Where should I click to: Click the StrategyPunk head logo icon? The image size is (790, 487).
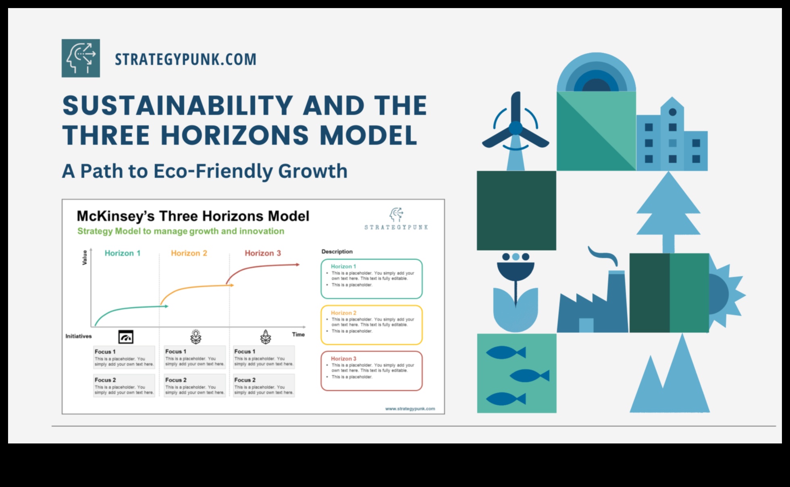coord(81,58)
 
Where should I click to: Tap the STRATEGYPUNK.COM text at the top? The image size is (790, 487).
coord(185,59)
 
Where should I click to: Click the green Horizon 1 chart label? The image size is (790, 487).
coord(123,253)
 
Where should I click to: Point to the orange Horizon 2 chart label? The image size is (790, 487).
coord(189,253)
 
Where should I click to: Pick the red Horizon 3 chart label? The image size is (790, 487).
coord(263,253)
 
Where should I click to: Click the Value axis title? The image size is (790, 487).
coord(85,258)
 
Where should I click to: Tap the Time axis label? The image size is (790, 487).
coord(298,334)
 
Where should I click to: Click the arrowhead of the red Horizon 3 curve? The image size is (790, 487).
coord(298,265)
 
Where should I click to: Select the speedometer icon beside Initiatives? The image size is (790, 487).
coord(126,337)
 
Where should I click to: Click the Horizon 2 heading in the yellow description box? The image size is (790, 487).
coord(343,313)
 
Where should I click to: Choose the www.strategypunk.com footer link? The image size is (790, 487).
coord(410,409)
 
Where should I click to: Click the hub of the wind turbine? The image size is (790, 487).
coord(516,128)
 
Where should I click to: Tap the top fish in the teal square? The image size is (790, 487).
coord(506,353)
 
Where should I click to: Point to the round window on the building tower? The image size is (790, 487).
coord(672,112)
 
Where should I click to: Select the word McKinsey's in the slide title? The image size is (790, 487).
coord(116,216)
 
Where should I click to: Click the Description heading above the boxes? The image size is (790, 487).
coord(337,252)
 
